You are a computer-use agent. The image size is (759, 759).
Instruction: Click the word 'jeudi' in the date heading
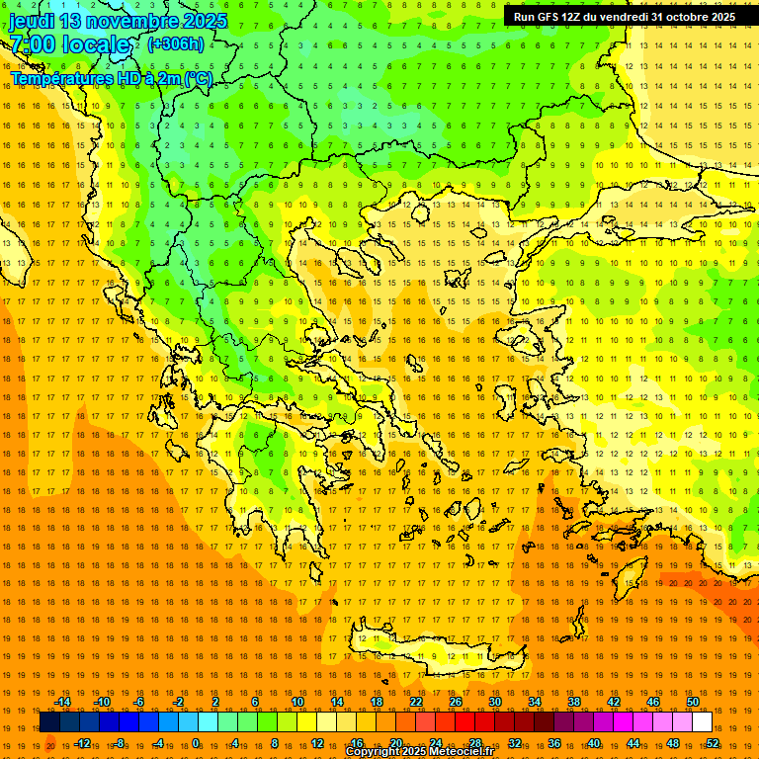(x=31, y=21)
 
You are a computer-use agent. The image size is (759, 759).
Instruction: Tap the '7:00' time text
(x=33, y=44)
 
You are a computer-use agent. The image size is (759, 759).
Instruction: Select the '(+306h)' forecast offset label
(x=176, y=44)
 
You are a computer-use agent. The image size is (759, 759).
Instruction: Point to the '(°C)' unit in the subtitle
(x=198, y=78)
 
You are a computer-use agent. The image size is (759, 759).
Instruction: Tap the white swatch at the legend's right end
(x=702, y=722)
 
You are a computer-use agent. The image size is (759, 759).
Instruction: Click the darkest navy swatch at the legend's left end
(x=49, y=722)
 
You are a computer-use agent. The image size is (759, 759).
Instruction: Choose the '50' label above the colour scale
(x=692, y=702)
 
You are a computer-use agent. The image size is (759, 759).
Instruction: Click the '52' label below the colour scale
(x=713, y=743)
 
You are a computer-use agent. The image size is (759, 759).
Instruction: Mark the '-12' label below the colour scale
(x=82, y=743)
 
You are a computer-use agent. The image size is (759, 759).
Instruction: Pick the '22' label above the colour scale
(x=416, y=702)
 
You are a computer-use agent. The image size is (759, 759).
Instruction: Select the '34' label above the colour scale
(x=535, y=702)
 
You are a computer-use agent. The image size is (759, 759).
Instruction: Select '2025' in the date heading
(x=204, y=21)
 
